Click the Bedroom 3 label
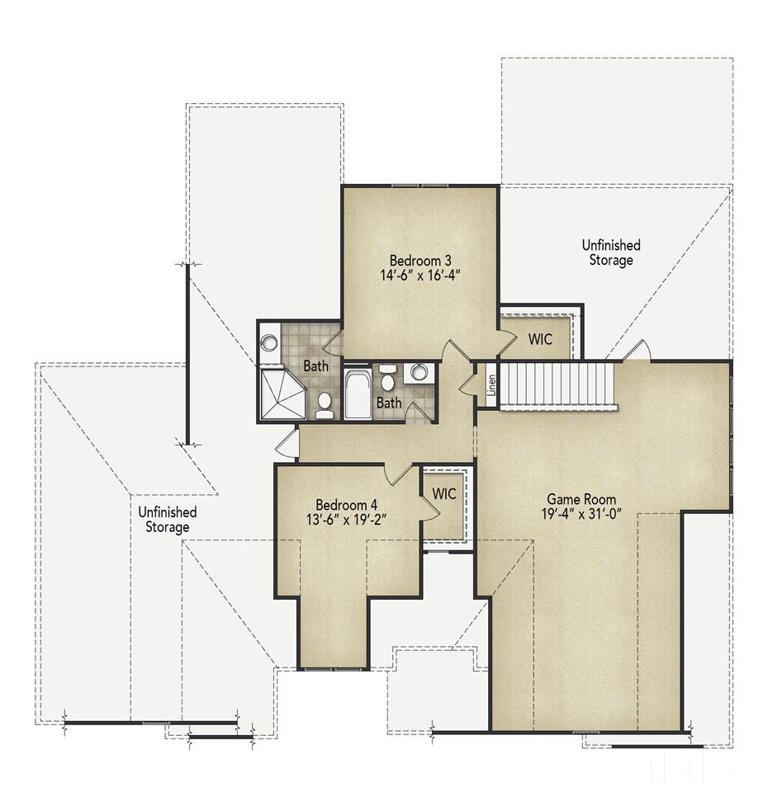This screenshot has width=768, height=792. coord(420,261)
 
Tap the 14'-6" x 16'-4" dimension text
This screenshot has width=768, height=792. coord(420,276)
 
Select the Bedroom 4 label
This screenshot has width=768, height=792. coord(346,505)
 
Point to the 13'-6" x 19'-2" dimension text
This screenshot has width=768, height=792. coord(346,519)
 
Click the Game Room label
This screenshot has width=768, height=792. coord(581,499)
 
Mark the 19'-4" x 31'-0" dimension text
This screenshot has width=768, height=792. coord(581,514)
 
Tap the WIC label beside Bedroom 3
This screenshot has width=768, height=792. coord(540,339)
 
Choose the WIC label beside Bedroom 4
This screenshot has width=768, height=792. coord(444,493)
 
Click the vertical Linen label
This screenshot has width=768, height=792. coord(491,385)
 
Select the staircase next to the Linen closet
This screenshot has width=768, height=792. coord(557,385)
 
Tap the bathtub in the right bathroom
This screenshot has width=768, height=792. coord(358,394)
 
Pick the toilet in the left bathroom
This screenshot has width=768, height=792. coord(325,407)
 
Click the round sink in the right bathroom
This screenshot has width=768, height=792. coord(418,373)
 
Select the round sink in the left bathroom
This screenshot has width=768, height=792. coord(270,343)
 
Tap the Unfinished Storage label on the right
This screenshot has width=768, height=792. coord(611,252)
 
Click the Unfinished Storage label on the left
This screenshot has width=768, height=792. coord(168,519)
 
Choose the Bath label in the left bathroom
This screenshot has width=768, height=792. coord(316,365)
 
